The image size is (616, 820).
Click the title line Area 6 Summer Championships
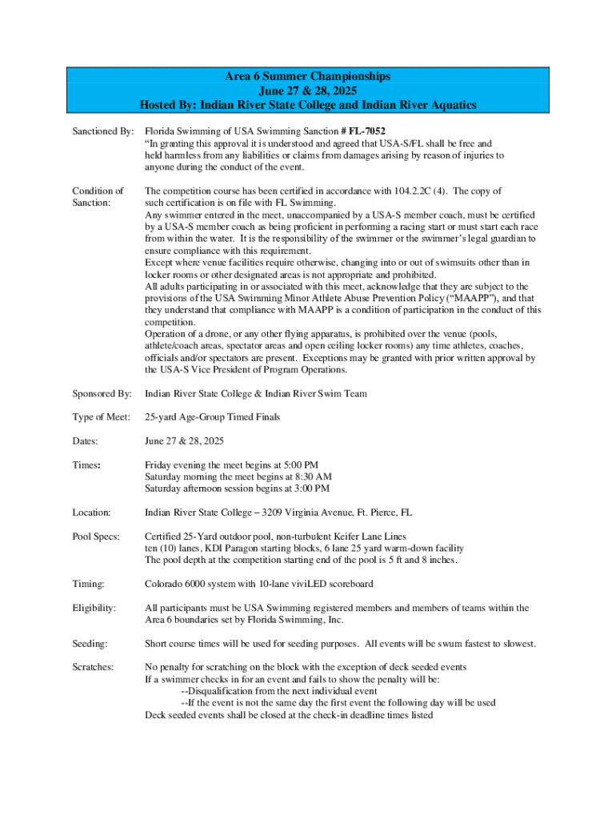[308, 76]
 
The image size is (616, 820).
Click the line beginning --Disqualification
[279, 691]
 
